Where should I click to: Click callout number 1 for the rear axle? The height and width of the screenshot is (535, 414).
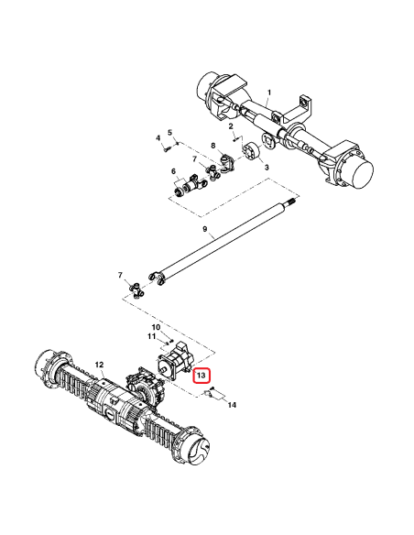coord(269,93)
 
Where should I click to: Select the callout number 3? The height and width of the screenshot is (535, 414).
coord(266,169)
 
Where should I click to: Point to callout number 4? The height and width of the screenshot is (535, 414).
coord(158,138)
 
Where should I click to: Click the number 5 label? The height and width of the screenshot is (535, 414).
coord(169,134)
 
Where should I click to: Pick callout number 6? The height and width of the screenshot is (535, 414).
coord(172,171)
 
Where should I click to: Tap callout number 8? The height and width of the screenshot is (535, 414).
coord(213,145)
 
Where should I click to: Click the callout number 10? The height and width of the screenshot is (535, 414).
coord(156,327)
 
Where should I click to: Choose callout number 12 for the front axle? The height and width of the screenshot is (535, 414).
coord(100,365)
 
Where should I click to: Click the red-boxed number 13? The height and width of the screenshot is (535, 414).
coord(201,376)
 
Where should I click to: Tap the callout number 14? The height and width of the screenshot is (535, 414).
coord(232,404)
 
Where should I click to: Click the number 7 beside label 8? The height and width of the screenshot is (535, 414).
coord(194,158)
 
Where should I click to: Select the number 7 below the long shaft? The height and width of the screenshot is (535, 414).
coord(120,275)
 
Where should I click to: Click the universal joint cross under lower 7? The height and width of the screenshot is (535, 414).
coord(137,291)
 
